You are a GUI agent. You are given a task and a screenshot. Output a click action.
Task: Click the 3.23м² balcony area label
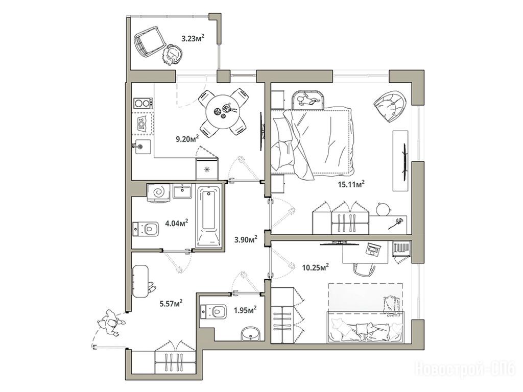tap(193, 38)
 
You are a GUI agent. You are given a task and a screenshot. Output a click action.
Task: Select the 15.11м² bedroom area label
tap(352, 184)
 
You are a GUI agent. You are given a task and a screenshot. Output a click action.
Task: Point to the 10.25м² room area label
tap(316, 267)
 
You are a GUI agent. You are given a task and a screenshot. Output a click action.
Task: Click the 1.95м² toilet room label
tap(245, 310)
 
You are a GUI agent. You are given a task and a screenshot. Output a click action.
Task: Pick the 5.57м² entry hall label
tap(171, 303)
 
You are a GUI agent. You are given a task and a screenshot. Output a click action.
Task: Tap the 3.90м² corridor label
tap(246, 239)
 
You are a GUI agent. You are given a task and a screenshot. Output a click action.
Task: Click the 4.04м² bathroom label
tap(177, 223)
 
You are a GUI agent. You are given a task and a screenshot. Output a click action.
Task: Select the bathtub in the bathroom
tap(209, 216)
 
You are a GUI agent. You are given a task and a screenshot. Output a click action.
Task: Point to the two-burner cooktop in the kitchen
tap(144, 103)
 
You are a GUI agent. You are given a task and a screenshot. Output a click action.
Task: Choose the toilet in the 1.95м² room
tap(213, 312)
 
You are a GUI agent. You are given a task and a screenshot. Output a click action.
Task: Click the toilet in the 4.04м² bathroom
tap(146, 229)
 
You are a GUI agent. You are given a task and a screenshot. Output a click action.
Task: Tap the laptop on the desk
tap(373, 249)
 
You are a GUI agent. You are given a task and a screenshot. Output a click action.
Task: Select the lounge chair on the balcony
tap(150, 41)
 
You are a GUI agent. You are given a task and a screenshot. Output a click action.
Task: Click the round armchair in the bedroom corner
tap(390, 105)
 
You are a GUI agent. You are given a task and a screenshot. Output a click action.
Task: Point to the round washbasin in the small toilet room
tap(251, 334)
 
